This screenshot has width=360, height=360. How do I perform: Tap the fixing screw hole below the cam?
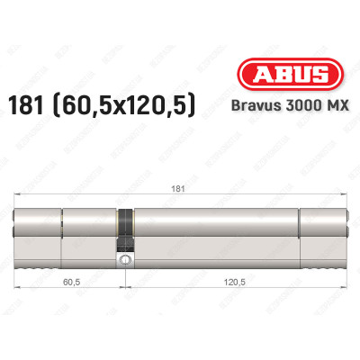tap(125, 260)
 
